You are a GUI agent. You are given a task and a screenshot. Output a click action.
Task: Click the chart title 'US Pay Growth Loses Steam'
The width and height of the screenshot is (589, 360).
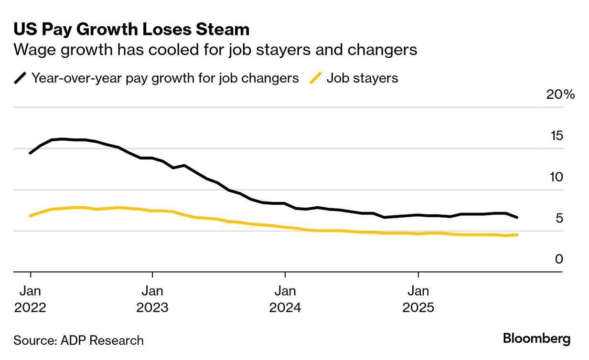131,30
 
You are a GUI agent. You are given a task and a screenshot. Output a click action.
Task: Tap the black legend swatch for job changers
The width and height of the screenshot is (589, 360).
21,78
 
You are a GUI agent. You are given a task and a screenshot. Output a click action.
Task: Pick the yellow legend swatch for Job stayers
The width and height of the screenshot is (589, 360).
315,78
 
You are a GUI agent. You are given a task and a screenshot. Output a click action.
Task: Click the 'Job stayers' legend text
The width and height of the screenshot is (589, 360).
362,78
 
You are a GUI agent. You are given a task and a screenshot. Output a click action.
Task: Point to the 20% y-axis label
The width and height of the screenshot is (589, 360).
561,95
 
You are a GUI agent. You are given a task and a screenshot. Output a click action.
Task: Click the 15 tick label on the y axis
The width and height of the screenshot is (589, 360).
557,136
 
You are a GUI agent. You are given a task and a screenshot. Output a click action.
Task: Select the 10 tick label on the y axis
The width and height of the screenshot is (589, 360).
557,177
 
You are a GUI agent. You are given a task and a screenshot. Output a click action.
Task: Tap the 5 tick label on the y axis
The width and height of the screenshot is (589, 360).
559,218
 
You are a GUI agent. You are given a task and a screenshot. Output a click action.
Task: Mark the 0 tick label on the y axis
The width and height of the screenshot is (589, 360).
559,259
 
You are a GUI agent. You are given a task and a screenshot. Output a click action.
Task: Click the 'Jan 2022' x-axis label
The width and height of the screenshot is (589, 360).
31,298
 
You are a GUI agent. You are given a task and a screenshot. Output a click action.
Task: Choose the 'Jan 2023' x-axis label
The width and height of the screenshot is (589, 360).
152,298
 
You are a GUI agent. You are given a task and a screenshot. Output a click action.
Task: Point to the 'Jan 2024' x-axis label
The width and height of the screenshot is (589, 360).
285,298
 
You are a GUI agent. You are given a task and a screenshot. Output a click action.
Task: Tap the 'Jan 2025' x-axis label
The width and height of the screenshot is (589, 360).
418,298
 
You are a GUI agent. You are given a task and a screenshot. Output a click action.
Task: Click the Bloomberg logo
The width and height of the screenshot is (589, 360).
536,339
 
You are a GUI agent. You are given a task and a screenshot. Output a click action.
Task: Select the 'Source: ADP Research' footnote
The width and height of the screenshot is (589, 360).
78,340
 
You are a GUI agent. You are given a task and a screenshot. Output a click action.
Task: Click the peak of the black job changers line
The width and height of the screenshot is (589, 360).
62,139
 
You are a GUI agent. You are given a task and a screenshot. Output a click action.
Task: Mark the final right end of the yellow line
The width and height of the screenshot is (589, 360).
517,234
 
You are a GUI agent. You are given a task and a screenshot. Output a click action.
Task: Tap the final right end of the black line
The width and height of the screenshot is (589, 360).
517,217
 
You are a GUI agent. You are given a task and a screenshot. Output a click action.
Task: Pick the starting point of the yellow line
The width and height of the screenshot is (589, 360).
31,216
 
